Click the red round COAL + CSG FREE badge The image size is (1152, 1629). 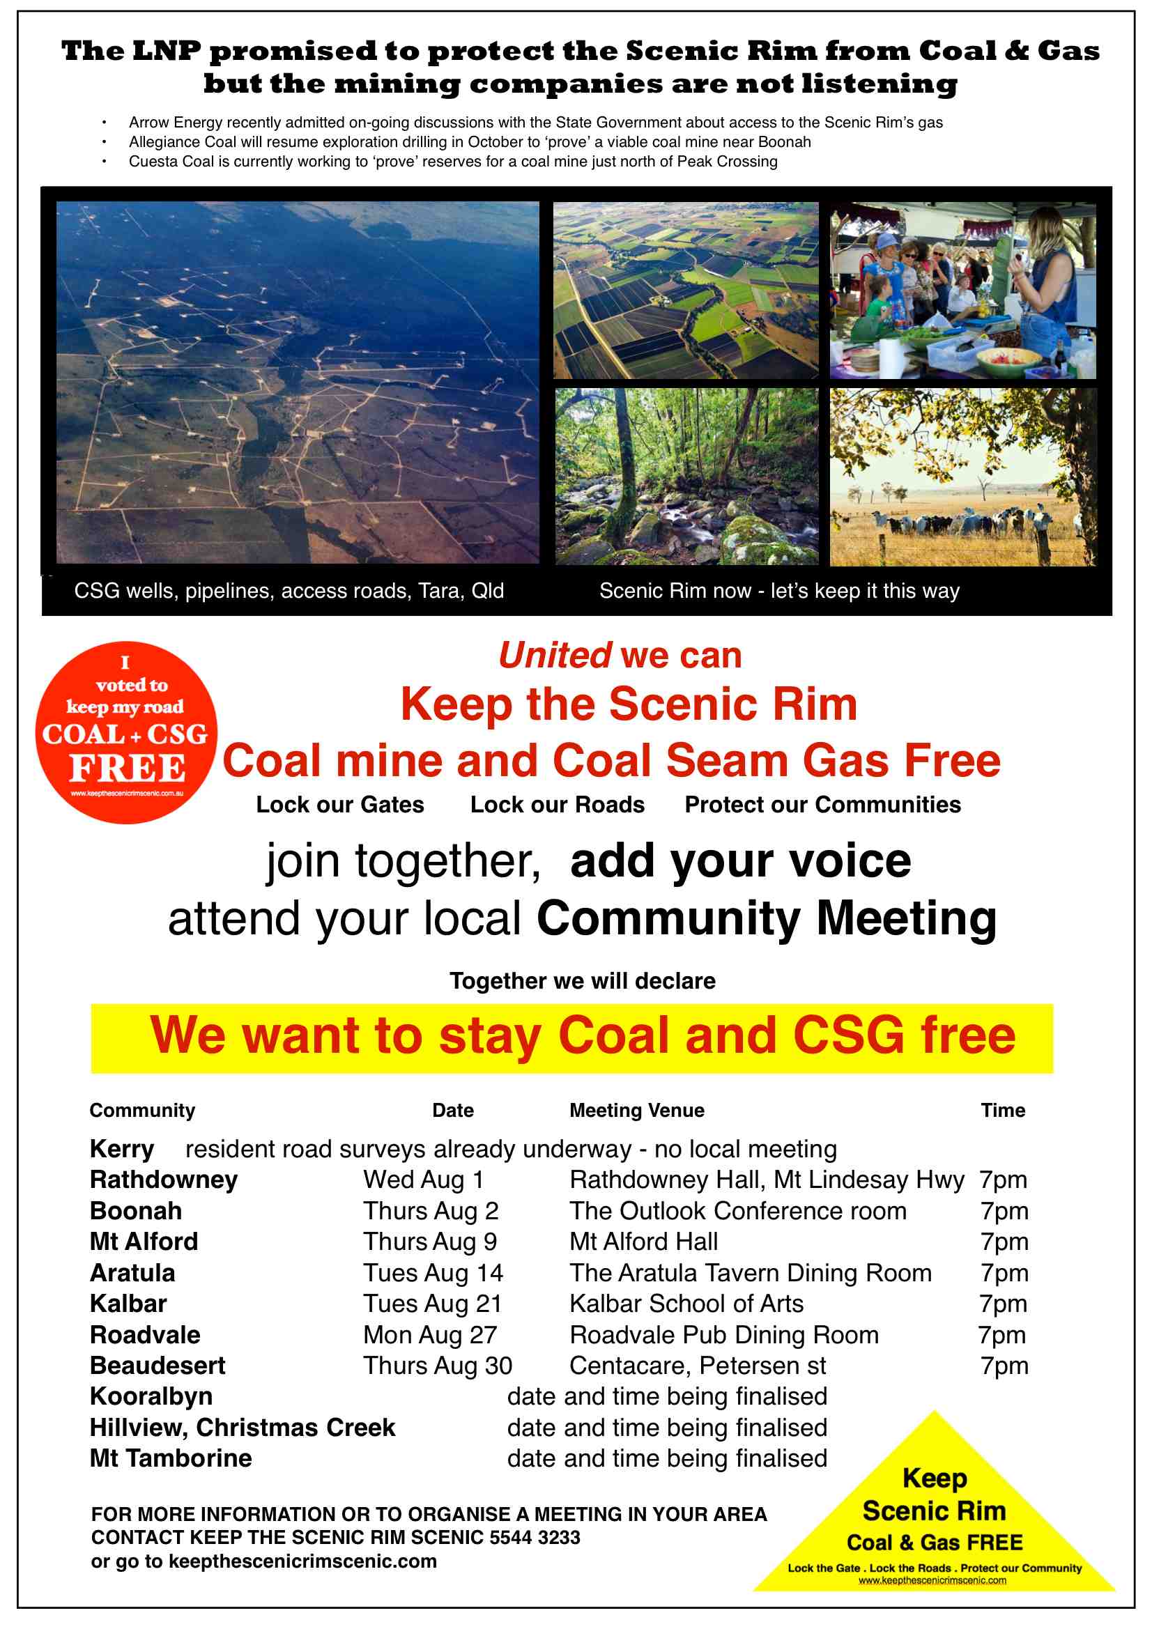coord(126,732)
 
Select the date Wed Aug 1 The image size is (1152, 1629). coord(424,1180)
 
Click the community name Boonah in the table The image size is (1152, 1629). coord(136,1211)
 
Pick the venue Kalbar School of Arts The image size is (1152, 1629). coord(686,1304)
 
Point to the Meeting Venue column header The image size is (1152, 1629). coord(637,1111)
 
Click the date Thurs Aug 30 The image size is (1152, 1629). coord(437,1366)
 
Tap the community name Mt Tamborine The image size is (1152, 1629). coord(170,1459)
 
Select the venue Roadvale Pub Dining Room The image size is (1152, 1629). coord(724,1335)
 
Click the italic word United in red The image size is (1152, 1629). coord(554,655)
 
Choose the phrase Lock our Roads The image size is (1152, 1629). coord(558,805)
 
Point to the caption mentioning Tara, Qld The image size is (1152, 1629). coord(289,591)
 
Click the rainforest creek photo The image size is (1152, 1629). coord(686,476)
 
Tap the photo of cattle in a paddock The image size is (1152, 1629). coord(962,476)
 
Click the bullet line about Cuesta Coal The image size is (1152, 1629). coord(453,162)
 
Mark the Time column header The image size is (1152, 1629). coord(1002,1111)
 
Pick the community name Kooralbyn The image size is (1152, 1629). coord(151,1397)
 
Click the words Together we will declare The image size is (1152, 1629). coord(582,980)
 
